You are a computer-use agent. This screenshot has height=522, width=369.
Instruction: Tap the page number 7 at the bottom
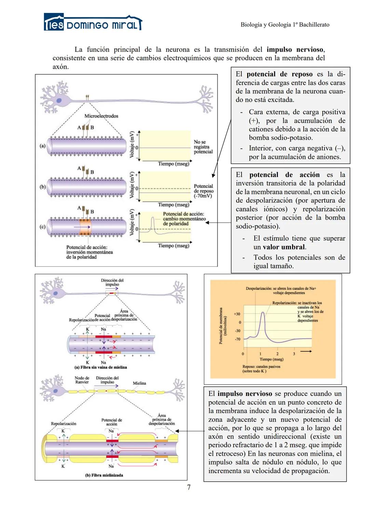(189, 487)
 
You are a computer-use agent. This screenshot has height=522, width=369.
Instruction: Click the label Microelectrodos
(101, 116)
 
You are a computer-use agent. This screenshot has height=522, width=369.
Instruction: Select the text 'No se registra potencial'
(203, 147)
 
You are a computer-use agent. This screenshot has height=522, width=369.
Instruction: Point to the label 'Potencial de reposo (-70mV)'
(203, 191)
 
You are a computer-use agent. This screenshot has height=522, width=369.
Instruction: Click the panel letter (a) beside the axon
(42, 146)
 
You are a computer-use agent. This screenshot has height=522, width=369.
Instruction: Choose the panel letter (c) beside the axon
(42, 227)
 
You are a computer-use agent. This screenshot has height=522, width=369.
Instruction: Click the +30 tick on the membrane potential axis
(237, 314)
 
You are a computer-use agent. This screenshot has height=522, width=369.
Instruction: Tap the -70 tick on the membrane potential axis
(237, 339)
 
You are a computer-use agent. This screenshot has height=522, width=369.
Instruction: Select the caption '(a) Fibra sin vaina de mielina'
(100, 367)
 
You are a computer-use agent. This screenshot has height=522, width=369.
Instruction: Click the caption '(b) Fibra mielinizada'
(104, 475)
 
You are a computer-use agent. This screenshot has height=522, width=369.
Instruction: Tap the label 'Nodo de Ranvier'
(82, 380)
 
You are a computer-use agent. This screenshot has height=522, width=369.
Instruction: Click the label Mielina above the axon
(139, 383)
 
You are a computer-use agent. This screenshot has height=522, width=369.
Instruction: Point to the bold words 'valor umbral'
(284, 247)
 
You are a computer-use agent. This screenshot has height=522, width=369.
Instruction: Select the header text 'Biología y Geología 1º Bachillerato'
(285, 25)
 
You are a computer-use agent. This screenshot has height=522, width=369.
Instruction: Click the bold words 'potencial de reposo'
(279, 74)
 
